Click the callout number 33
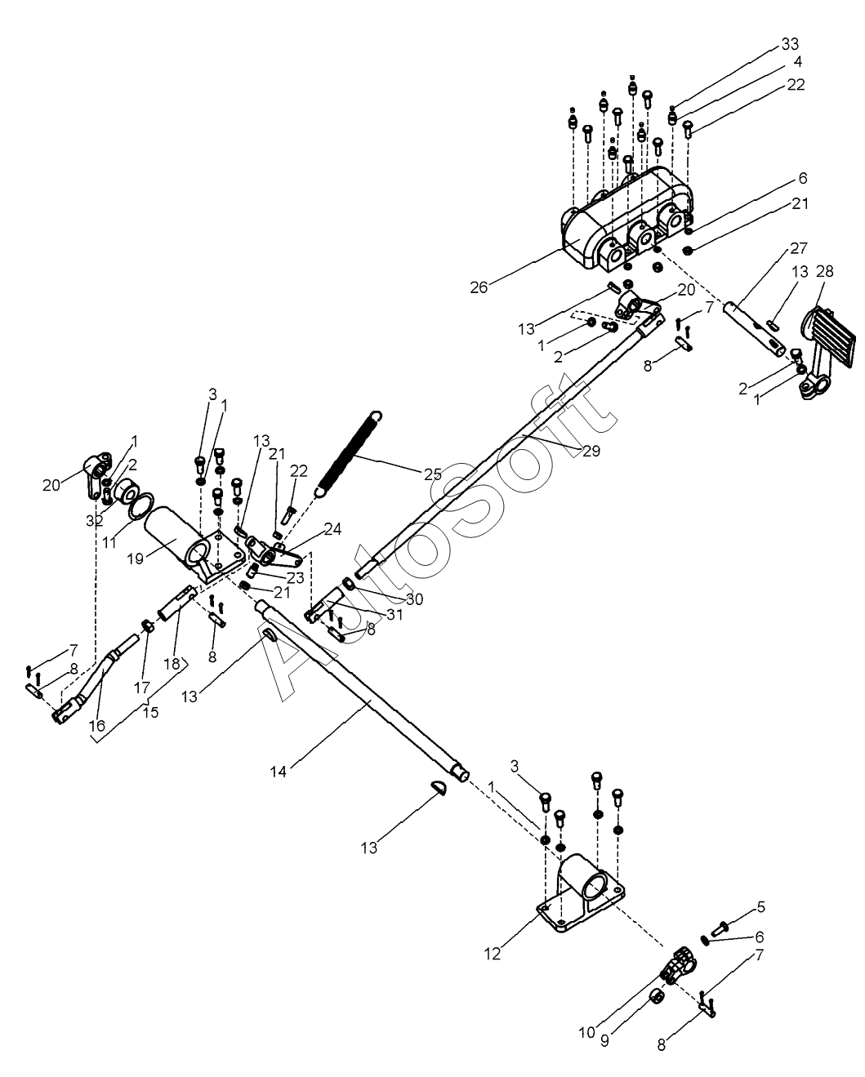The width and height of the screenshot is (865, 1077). click(790, 45)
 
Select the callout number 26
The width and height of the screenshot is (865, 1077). click(479, 287)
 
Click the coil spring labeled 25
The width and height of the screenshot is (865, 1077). click(349, 454)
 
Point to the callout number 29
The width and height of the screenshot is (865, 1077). click(591, 451)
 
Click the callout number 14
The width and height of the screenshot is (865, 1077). click(279, 772)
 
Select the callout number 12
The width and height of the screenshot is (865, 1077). click(493, 955)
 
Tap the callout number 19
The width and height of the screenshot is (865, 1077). click(135, 559)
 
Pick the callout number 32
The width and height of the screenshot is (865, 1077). click(94, 520)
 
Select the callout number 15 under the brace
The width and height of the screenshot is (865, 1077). click(150, 712)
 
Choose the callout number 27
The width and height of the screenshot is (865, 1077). click(799, 248)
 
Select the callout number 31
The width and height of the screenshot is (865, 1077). click(395, 615)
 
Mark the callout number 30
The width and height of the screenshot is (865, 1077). click(415, 599)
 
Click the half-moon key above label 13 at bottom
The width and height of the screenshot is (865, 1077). click(439, 790)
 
